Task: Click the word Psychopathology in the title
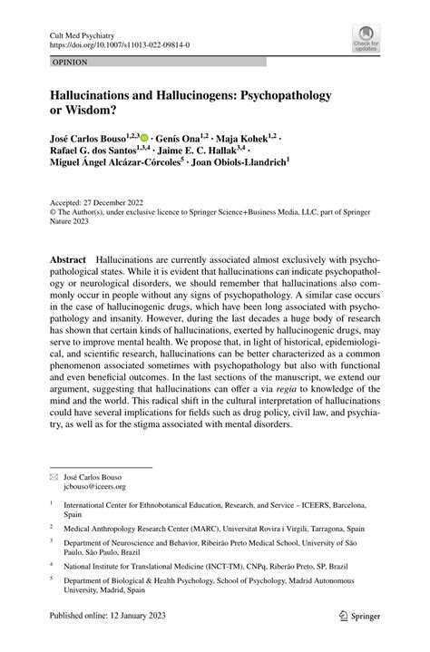point(293,94)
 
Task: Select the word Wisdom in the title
point(93,111)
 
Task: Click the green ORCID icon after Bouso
point(144,135)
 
